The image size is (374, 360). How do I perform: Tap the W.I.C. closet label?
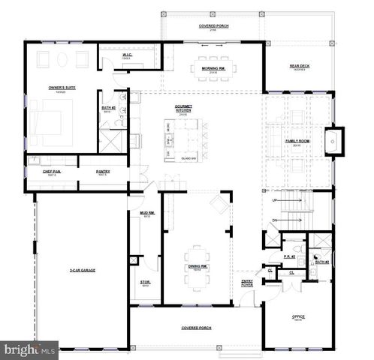(127, 55)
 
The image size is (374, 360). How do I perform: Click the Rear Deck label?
(300, 66)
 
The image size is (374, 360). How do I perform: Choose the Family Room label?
(295, 141)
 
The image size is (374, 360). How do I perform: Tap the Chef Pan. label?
(51, 172)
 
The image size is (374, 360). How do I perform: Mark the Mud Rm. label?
(147, 213)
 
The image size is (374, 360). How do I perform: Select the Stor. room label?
(146, 282)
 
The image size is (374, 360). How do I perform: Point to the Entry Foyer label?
(246, 283)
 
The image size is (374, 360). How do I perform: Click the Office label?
(298, 317)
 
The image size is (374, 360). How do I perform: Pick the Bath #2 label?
(321, 262)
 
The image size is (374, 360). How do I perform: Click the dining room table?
(198, 255)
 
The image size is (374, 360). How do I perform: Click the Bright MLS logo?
(30, 349)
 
